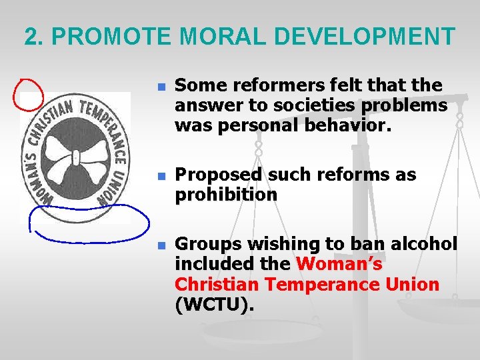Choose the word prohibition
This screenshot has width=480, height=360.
[x=225, y=195]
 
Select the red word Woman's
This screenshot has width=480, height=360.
[x=339, y=264]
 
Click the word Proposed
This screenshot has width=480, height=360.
[x=218, y=175]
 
